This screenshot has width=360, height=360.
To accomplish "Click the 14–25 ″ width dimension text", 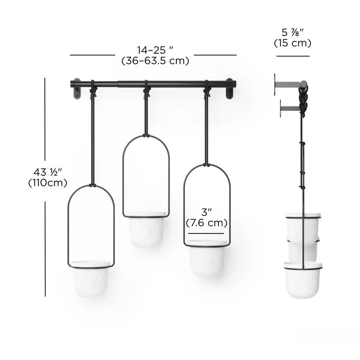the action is pos(155,50).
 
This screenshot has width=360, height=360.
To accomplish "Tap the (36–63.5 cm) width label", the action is pos(155,61).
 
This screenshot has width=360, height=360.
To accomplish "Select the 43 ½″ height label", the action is pos(48,172).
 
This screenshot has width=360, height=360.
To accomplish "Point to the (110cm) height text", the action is pos(48,183).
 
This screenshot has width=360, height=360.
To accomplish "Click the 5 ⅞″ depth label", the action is pos(293,33).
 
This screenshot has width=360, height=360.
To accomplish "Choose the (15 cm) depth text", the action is pos(293,43).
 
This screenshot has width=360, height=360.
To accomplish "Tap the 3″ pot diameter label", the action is pos(206,212).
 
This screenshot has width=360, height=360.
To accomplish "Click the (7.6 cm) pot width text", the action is pos(207,223).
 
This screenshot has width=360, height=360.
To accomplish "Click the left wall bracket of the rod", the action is pos(76,88).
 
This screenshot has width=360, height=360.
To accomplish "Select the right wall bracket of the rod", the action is pos(229,88).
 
